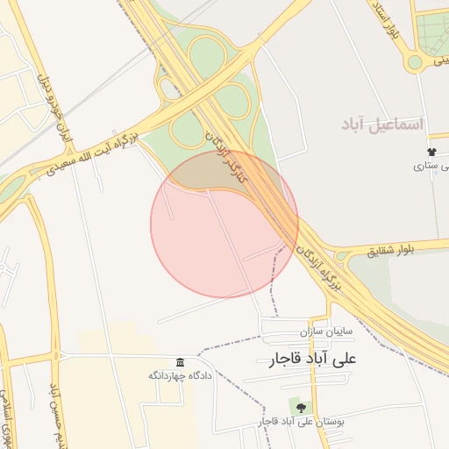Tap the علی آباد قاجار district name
(x=310, y=360)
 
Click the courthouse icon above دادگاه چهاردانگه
(x=180, y=363)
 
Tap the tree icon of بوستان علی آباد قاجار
(x=302, y=408)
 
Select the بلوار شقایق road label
(x=394, y=252)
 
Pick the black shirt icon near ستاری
(x=431, y=153)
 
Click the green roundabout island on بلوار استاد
(x=414, y=61)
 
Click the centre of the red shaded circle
(x=224, y=224)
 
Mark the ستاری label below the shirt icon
(x=433, y=166)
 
